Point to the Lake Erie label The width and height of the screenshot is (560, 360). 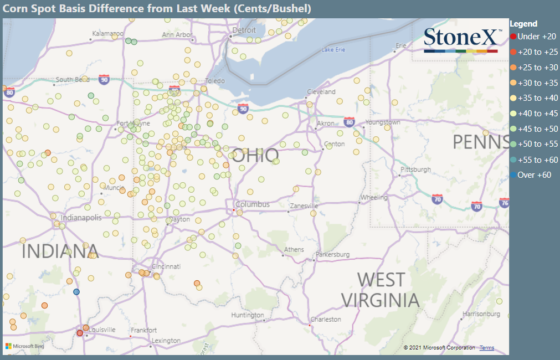point(333,50)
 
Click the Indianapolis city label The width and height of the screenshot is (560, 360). point(81,218)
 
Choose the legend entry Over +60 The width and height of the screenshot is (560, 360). point(534,175)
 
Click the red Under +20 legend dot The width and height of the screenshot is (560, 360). point(513,37)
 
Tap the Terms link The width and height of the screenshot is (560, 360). point(487,348)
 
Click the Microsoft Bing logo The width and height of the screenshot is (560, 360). point(24,346)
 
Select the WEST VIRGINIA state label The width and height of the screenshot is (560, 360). point(380,290)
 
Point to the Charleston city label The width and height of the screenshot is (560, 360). point(326,320)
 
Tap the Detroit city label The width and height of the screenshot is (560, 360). point(244,30)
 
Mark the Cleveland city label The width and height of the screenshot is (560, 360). point(321,91)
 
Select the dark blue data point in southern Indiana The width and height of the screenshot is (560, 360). point(76,292)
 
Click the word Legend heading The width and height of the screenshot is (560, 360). point(523,24)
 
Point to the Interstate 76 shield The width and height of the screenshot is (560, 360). point(504,202)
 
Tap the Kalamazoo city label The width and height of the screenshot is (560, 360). point(107,34)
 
